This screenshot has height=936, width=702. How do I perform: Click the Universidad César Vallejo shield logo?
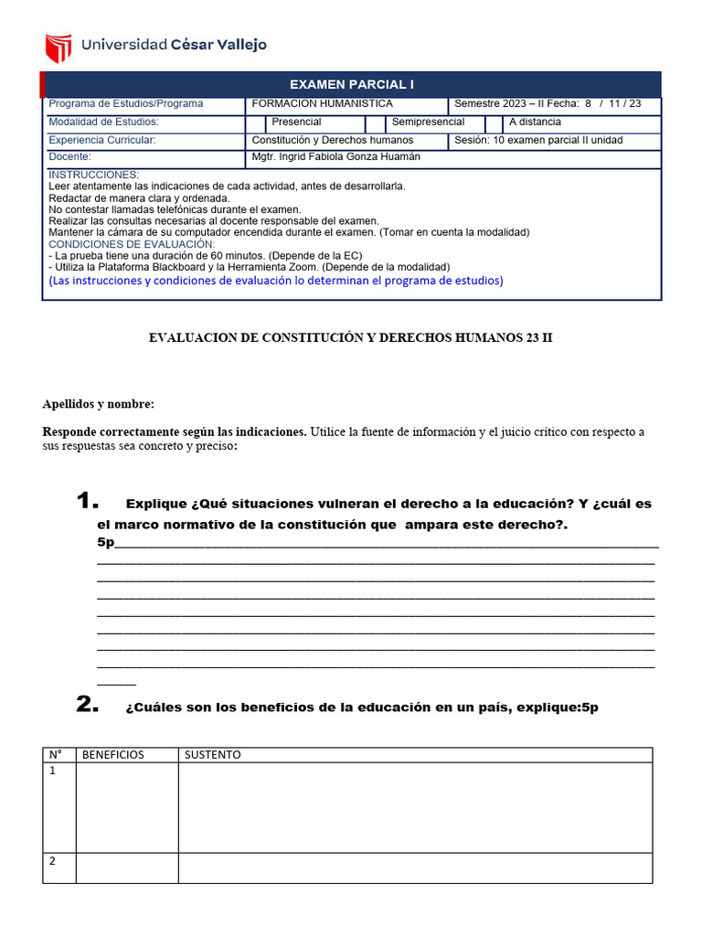coord(58,45)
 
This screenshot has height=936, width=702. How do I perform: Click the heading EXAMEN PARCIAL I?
coord(352,84)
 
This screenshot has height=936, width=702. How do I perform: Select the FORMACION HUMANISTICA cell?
coord(322,104)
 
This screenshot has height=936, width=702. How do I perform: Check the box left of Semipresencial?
coord(375,122)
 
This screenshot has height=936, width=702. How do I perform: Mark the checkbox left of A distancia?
coord(494,122)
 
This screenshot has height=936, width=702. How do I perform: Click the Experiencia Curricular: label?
coord(102,140)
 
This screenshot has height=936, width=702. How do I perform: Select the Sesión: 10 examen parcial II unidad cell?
coord(538,140)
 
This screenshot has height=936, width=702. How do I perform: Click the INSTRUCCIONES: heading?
coord(93,175)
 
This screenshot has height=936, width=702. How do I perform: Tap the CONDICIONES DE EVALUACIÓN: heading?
coord(132,244)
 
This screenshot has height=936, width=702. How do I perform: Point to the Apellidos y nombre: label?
coord(99,404)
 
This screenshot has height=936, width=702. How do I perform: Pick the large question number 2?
coord(87,704)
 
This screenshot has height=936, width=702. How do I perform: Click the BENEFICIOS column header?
coord(113,755)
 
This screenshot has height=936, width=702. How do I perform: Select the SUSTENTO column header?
coord(213,755)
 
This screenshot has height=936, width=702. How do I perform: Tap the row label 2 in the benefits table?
coord(53,861)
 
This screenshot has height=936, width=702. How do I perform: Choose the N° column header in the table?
coord(56,755)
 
